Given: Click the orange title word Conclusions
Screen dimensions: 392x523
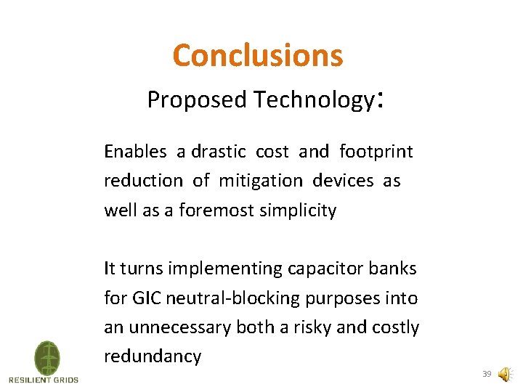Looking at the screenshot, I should [x=257, y=55].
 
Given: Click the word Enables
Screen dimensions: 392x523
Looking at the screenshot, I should [x=135, y=152].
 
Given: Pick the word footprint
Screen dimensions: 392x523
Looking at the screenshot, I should [x=376, y=152].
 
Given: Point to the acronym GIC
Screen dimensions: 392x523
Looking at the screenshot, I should [x=145, y=298].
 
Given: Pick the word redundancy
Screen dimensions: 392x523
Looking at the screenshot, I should [x=152, y=357].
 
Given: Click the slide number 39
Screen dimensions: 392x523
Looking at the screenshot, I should [x=487, y=375].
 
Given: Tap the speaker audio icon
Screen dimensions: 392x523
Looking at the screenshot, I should [x=503, y=375].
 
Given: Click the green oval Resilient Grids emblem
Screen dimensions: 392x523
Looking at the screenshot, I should [x=47, y=358].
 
